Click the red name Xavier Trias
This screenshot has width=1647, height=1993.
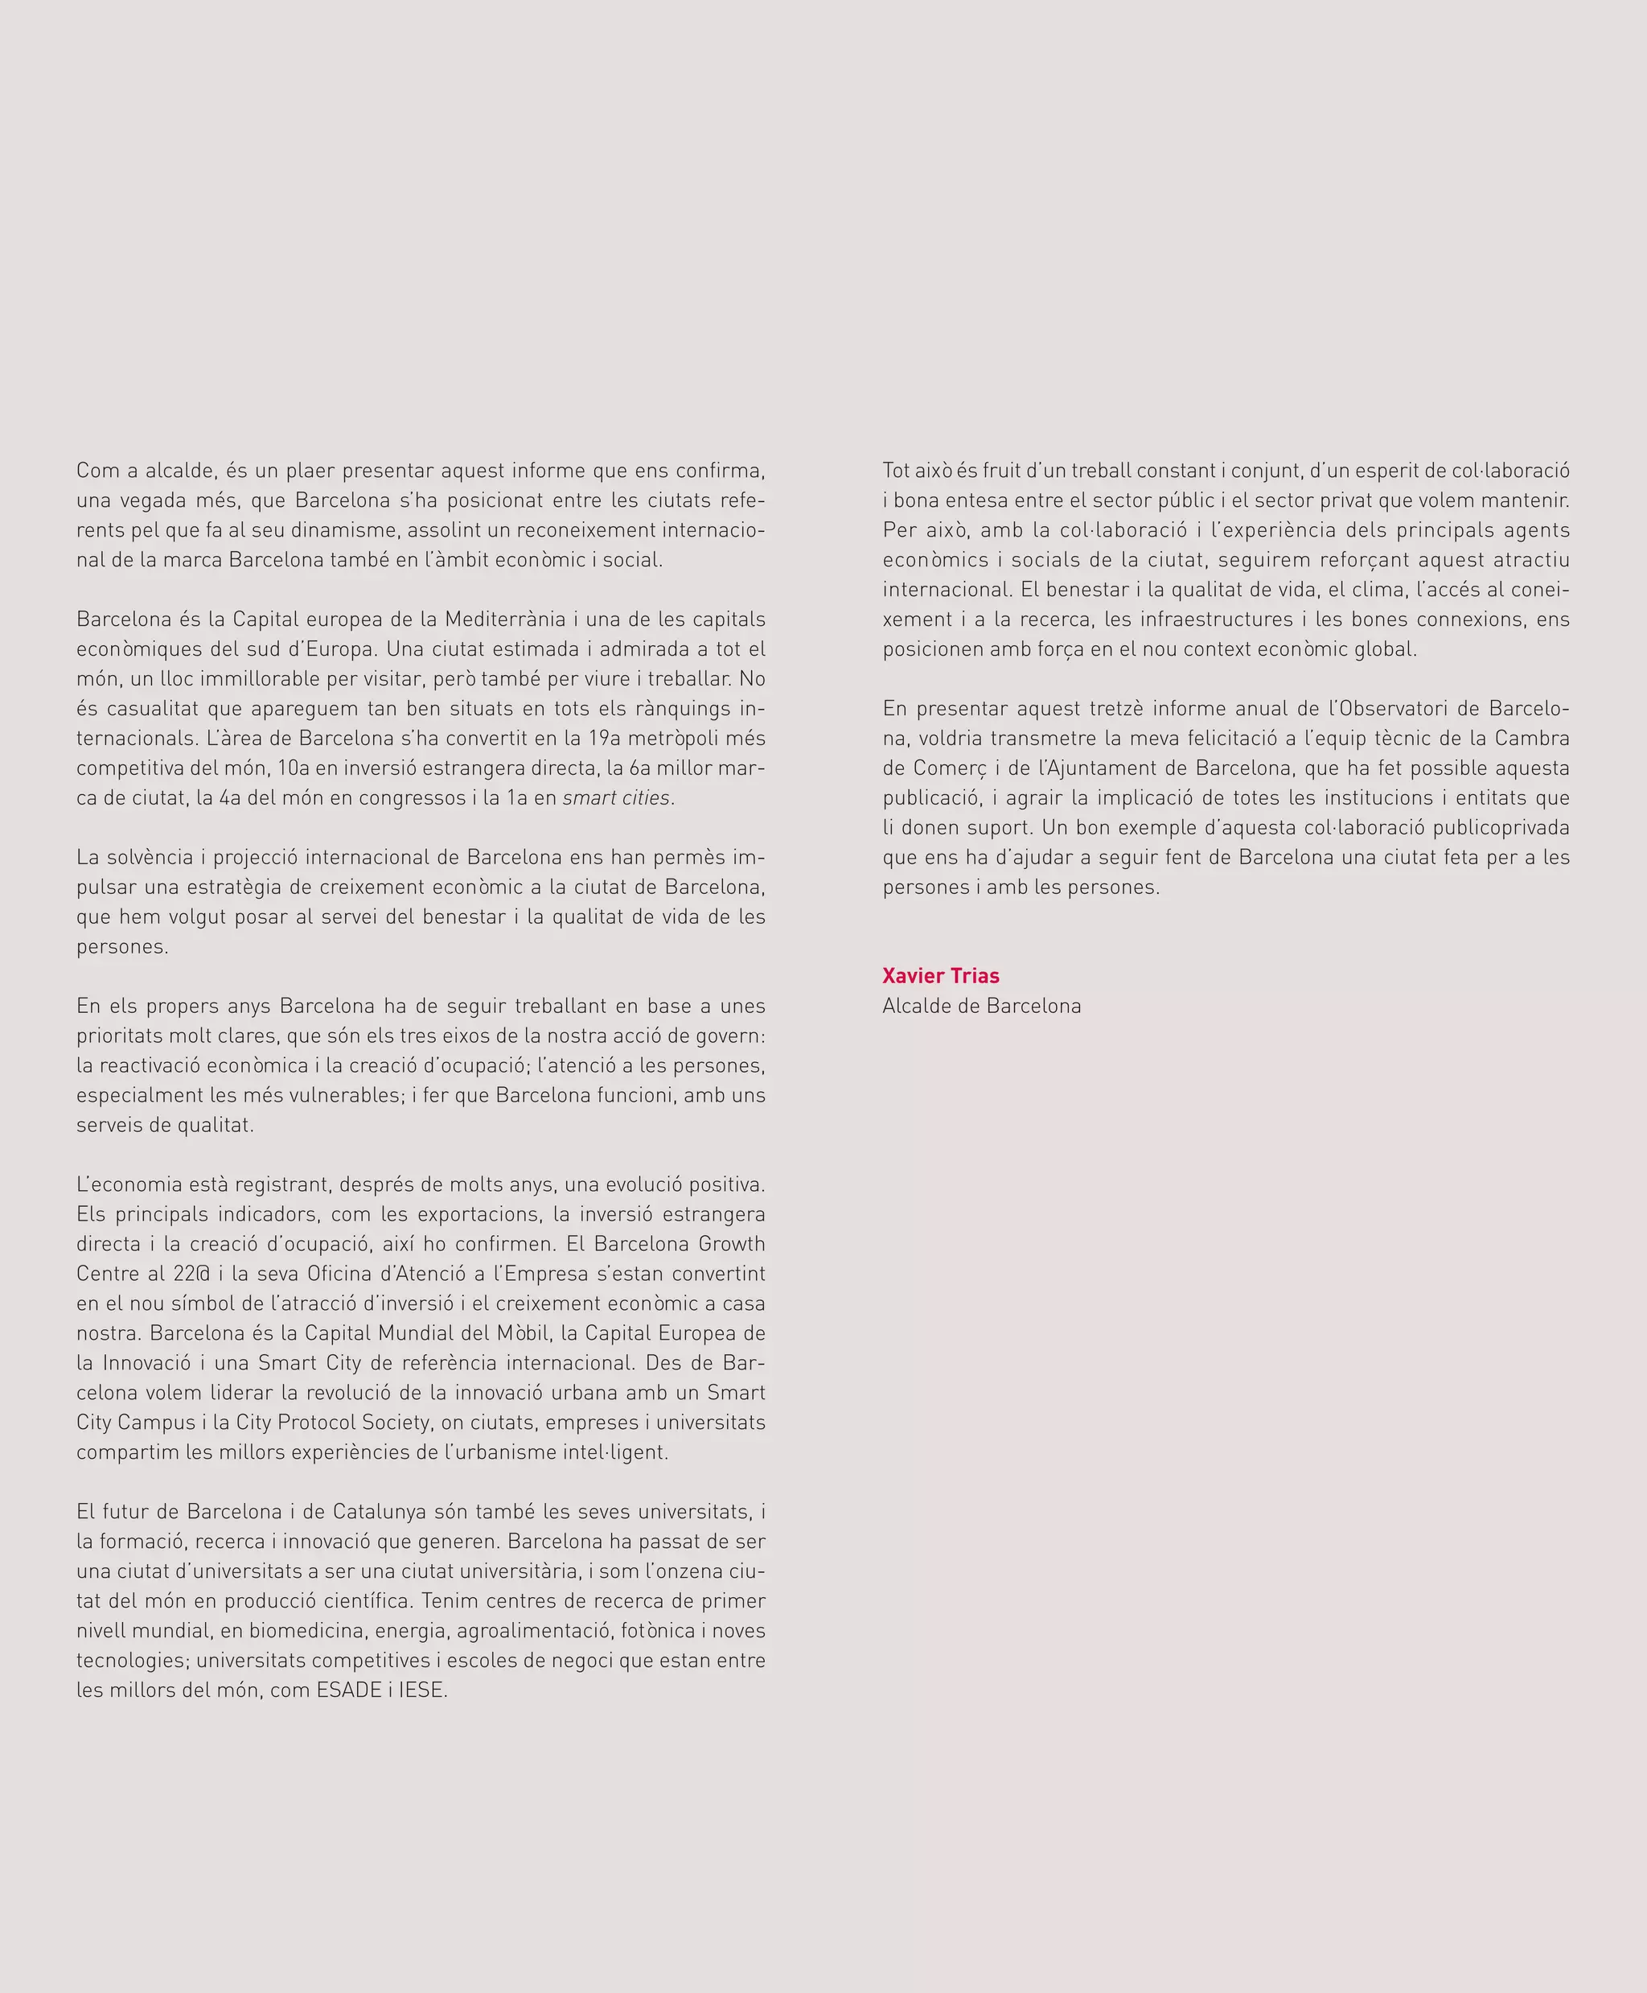(940, 976)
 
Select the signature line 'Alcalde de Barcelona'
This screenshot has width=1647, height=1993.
(981, 1006)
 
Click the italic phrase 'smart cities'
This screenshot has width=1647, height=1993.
(616, 798)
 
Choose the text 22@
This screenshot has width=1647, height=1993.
(192, 1274)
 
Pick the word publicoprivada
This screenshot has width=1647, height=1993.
(1500, 828)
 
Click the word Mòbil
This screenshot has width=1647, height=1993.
(522, 1333)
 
